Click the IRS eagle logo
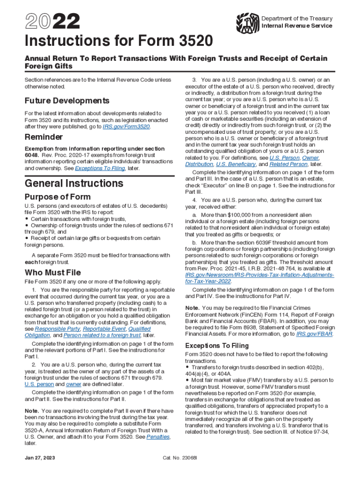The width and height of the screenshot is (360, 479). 248,22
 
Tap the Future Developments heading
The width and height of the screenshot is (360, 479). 67,101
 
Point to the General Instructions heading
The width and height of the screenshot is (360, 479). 74,182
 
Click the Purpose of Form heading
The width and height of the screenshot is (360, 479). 58,196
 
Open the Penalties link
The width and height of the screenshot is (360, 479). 158,436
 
